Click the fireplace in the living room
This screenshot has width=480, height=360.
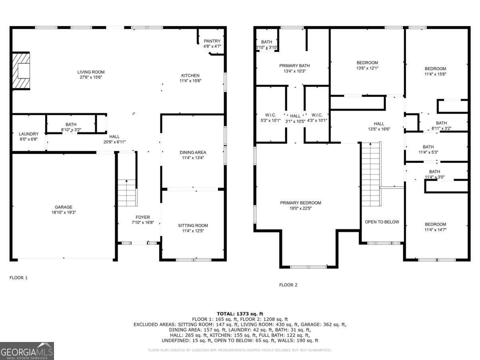tap(21, 71)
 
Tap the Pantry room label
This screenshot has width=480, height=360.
tap(212, 41)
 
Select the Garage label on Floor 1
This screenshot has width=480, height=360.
tap(64, 207)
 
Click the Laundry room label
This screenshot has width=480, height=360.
tap(28, 134)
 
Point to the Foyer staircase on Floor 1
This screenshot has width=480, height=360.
tap(127, 192)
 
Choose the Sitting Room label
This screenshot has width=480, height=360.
tap(193, 226)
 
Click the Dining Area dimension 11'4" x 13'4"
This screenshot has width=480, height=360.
tap(193, 158)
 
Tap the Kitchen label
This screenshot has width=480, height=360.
tap(190, 76)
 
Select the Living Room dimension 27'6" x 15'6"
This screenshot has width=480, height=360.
tap(91, 77)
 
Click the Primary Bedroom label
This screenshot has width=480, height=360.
tap(300, 203)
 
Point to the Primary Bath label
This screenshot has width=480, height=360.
tap(294, 66)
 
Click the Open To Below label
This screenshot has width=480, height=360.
tap(382, 222)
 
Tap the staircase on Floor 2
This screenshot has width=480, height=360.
tap(370, 174)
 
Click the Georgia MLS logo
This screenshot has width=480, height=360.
tap(27, 351)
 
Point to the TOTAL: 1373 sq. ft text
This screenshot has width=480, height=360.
tap(240, 314)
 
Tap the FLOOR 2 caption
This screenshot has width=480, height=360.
tap(288, 285)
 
